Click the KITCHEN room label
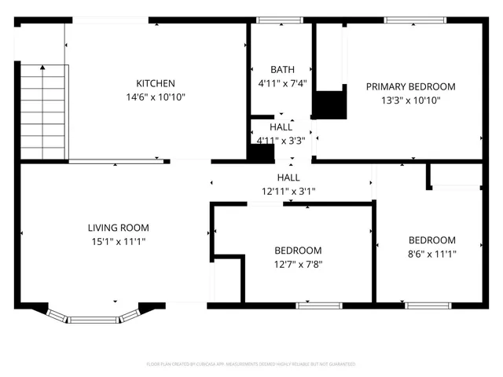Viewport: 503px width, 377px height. coord(155,83)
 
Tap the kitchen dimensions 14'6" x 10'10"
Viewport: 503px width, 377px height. coord(155,97)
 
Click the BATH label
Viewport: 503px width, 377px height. coord(282,69)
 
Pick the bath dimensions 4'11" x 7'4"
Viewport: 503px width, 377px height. coord(282,82)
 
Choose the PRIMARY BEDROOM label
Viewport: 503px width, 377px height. coord(410,86)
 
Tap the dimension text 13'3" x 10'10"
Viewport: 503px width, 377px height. coord(410,101)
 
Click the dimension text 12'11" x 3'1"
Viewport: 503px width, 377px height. coord(287,191)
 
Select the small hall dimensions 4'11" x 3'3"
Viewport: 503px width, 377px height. coord(281,141)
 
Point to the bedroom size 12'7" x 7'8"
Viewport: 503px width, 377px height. coord(298,265)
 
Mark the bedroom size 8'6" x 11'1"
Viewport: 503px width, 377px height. coord(431,254)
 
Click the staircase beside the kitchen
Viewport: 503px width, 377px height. coord(42,110)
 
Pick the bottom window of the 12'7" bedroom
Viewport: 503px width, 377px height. coord(319,305)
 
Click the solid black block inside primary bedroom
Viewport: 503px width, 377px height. coord(329,104)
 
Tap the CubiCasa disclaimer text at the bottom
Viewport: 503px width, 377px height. coord(251,364)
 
